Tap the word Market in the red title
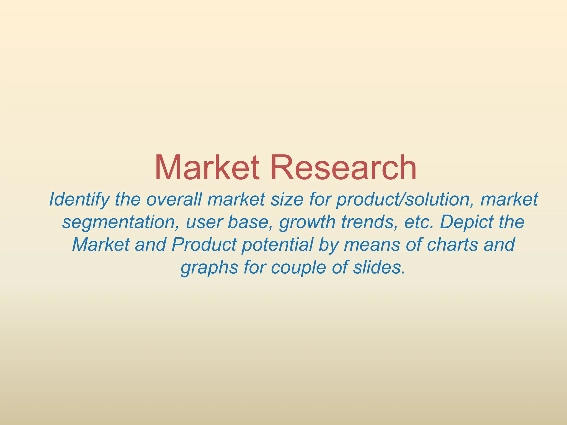coord(207,168)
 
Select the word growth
coord(307,222)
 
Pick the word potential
coord(277,245)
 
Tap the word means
coord(372,245)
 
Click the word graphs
coord(209,268)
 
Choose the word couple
coord(298,268)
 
